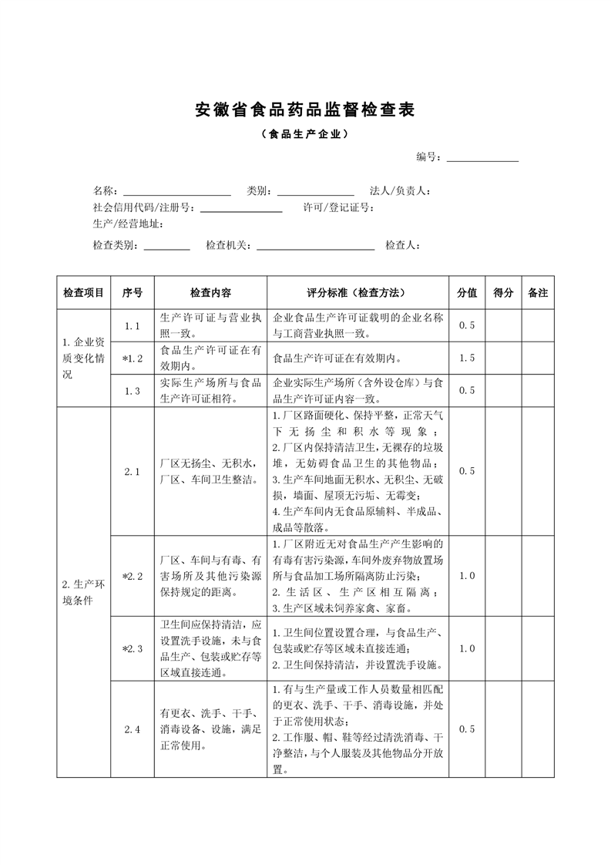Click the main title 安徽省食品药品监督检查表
(305, 109)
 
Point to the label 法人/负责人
(400, 190)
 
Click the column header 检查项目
(83, 293)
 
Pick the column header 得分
(502, 293)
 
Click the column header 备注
(538, 293)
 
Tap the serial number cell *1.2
(133, 358)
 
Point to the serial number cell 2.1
(133, 472)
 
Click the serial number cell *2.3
(133, 648)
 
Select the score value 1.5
(467, 358)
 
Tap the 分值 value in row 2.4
(467, 729)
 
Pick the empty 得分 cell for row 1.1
(502, 326)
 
